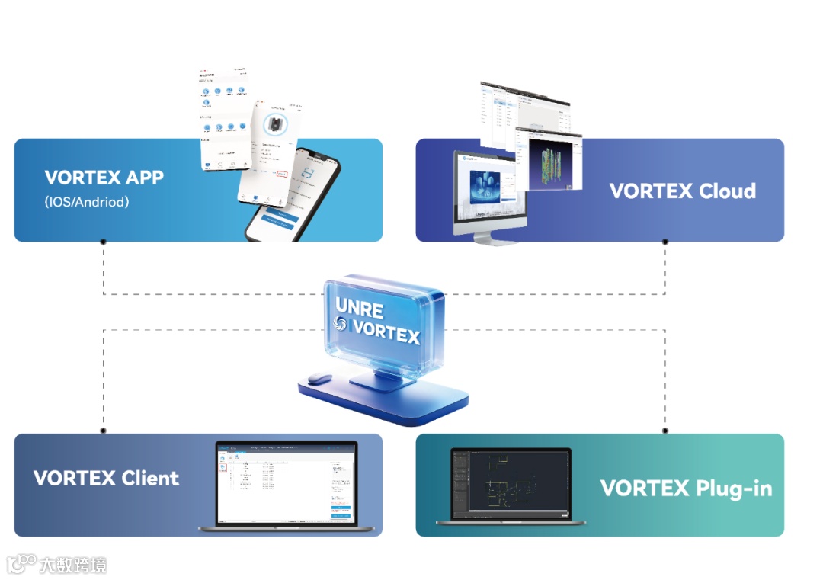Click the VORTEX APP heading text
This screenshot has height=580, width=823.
coord(104,178)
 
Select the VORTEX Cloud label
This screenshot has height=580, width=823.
coord(683,191)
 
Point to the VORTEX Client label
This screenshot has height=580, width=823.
coord(107,479)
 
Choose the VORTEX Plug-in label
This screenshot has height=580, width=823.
coord(686,488)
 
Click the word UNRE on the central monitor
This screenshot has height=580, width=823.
coord(360,308)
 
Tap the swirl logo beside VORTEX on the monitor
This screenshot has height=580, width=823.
coord(341,325)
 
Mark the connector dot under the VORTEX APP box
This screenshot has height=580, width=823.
coord(104,242)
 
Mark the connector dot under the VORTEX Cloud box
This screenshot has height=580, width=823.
coord(665,242)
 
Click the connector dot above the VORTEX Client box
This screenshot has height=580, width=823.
coord(104,431)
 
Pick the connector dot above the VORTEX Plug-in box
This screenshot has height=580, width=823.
coord(665,431)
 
